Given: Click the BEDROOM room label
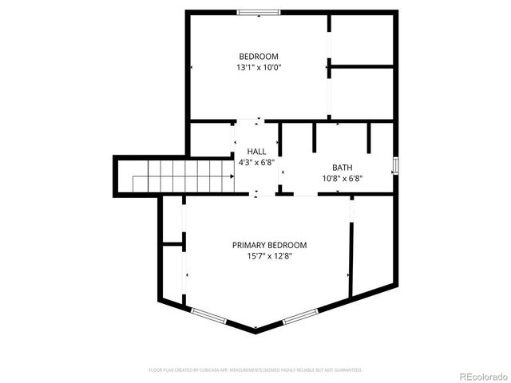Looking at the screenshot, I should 259,56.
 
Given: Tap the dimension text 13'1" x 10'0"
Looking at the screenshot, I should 259,68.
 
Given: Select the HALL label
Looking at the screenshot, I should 256,151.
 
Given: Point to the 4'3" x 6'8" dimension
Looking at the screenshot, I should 256,162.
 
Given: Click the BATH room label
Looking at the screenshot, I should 342,168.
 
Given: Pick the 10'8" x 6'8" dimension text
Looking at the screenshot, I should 342,179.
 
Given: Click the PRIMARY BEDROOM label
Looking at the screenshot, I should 269,245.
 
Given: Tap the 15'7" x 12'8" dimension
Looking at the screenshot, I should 269,257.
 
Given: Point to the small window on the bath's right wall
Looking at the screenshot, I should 395,166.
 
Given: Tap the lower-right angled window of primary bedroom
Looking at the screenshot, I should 301,317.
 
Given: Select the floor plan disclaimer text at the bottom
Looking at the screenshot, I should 255,370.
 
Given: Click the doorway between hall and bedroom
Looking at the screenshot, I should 257,120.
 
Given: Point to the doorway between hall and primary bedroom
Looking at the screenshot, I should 257,194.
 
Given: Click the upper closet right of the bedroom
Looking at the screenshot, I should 362,38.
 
